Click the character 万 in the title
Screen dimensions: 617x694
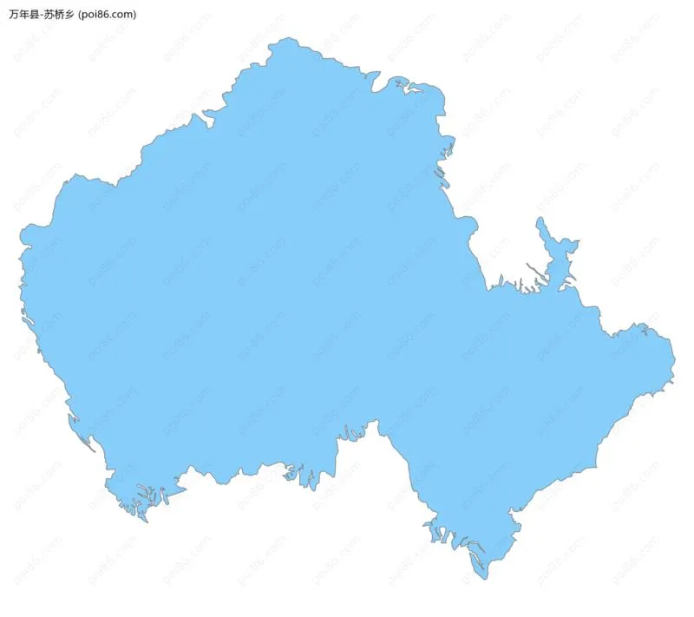(x=14, y=15)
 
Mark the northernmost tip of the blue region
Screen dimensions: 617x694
(x=291, y=38)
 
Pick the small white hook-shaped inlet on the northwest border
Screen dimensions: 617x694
(x=208, y=115)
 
